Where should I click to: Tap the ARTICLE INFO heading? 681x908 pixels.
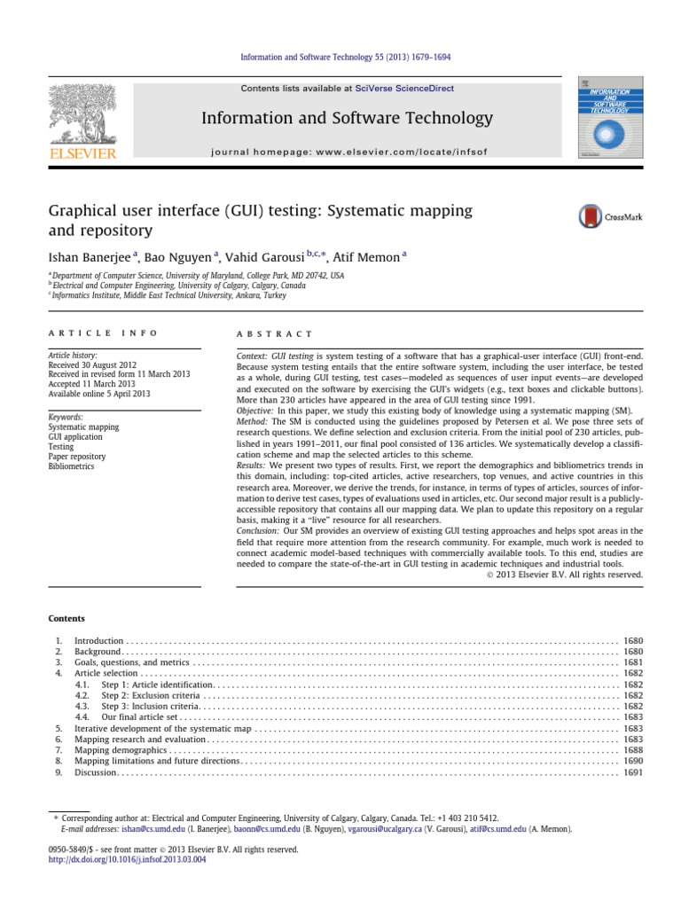(x=103, y=333)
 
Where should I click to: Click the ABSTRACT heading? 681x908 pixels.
(x=275, y=333)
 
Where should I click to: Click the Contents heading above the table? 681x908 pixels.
(x=67, y=619)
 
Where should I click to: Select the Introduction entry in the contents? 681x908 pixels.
(x=99, y=640)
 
